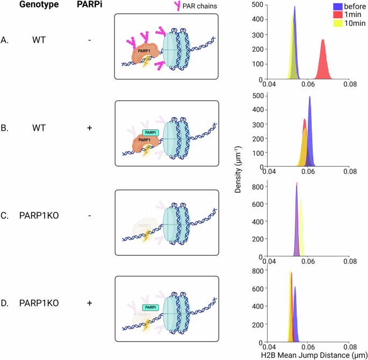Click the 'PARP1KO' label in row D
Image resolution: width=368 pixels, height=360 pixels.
point(39,303)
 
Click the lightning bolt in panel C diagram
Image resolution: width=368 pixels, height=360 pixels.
point(145,236)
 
